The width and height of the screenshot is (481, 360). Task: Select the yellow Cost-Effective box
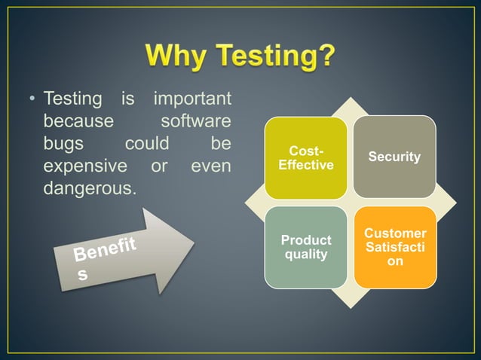(x=306, y=157)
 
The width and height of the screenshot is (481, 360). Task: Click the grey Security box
(x=394, y=157)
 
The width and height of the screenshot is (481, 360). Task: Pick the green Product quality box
(x=306, y=247)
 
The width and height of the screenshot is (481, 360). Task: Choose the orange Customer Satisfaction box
(x=394, y=247)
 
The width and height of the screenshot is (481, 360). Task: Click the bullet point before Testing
(x=32, y=100)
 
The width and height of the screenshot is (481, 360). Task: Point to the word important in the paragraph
(x=192, y=99)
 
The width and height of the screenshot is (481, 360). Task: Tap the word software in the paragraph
(x=196, y=121)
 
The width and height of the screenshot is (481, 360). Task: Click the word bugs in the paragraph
(x=63, y=143)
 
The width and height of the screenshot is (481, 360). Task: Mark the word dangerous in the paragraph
(x=88, y=187)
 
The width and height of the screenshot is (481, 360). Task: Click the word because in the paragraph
(x=78, y=121)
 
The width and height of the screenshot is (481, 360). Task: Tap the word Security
(x=394, y=157)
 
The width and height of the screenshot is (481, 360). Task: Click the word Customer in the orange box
(x=394, y=233)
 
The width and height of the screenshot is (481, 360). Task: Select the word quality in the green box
(x=306, y=255)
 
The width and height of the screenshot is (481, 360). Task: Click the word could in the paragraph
(x=146, y=143)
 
